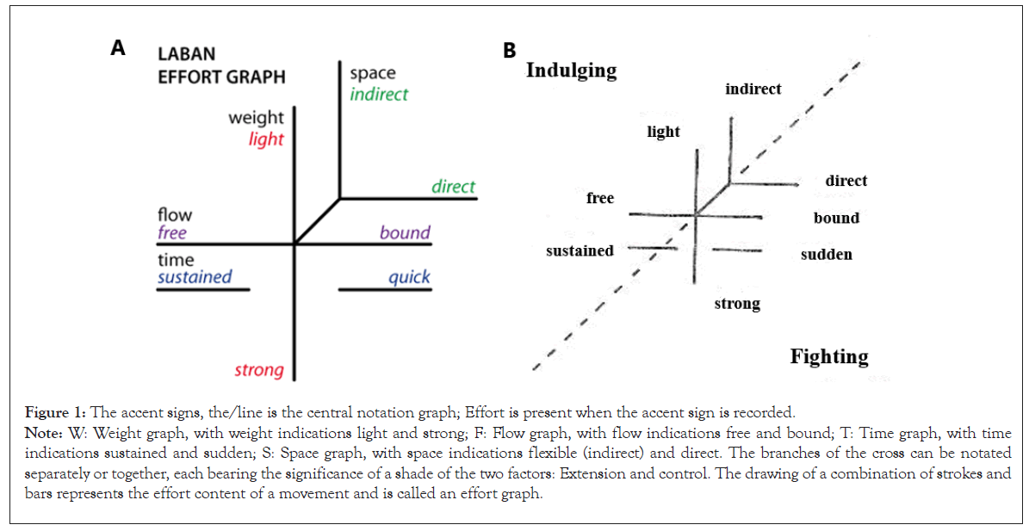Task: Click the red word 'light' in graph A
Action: [266, 139]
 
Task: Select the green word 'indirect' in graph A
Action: [379, 94]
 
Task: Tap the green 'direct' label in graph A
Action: [453, 186]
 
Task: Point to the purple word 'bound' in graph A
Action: [405, 232]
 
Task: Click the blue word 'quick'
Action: [409, 277]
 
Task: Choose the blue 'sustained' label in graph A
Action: [195, 277]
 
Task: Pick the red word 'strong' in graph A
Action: [259, 370]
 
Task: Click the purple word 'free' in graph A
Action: [172, 232]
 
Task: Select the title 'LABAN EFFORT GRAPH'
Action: [220, 65]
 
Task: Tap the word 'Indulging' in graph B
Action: [571, 71]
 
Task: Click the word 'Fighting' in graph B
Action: [829, 356]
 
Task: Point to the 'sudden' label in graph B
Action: [826, 255]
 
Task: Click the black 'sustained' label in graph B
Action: [580, 251]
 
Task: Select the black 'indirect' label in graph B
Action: [753, 90]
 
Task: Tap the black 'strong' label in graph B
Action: [737, 304]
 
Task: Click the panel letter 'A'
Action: [118, 49]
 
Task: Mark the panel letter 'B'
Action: [509, 51]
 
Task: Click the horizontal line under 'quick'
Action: [384, 290]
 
